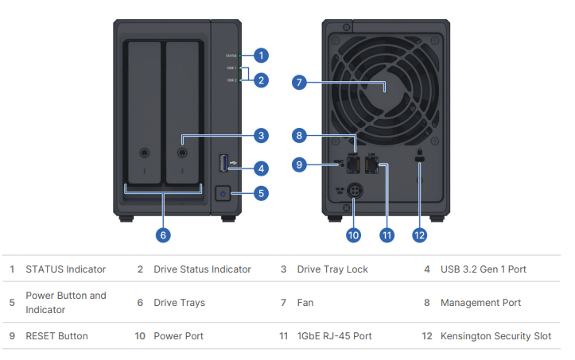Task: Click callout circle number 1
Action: [x=261, y=56]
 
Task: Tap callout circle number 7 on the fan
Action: [x=299, y=82]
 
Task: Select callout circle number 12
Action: [x=419, y=234]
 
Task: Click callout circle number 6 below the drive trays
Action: [x=163, y=234]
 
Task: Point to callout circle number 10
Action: [x=353, y=234]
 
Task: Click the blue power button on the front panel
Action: [x=223, y=193]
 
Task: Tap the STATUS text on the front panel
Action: [x=231, y=56]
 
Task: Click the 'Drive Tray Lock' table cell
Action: [x=332, y=269]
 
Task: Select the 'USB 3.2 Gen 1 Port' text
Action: [x=483, y=269]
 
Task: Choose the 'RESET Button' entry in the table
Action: [x=56, y=336]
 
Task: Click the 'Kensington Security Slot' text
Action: [x=495, y=336]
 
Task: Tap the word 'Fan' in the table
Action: [x=306, y=303]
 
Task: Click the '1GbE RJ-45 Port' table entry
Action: [x=334, y=336]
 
